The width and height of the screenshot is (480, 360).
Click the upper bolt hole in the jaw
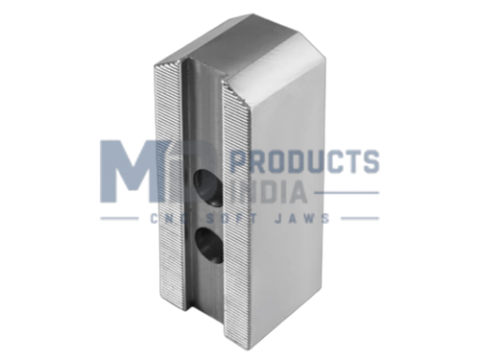click(x=208, y=188)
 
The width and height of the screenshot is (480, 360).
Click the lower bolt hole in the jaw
click(x=209, y=245)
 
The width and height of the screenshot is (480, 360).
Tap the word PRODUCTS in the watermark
click(x=304, y=161)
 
